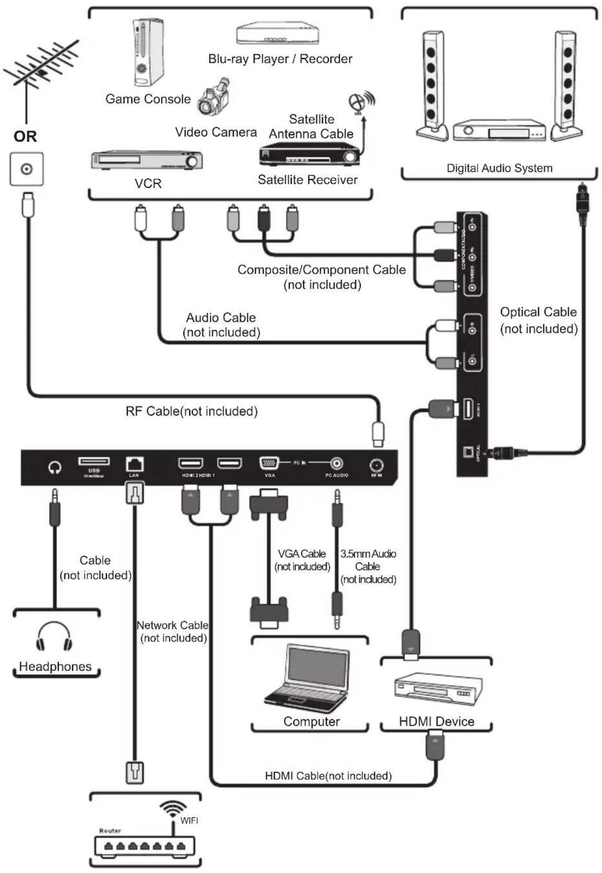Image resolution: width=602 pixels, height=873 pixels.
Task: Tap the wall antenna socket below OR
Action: (26, 169)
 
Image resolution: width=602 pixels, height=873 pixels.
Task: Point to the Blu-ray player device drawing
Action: (277, 34)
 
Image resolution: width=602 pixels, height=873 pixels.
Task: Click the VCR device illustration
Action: (146, 160)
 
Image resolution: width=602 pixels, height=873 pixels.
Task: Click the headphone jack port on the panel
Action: (55, 467)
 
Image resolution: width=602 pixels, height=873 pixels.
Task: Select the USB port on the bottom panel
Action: (94, 461)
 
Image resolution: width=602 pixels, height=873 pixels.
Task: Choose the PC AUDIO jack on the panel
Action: (337, 463)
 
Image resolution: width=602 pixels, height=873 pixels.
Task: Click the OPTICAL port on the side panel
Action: (469, 452)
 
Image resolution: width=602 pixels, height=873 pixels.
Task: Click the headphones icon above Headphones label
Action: (54, 637)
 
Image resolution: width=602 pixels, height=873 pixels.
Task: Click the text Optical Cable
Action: (538, 312)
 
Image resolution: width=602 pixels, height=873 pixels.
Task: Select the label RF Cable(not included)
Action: (191, 411)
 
